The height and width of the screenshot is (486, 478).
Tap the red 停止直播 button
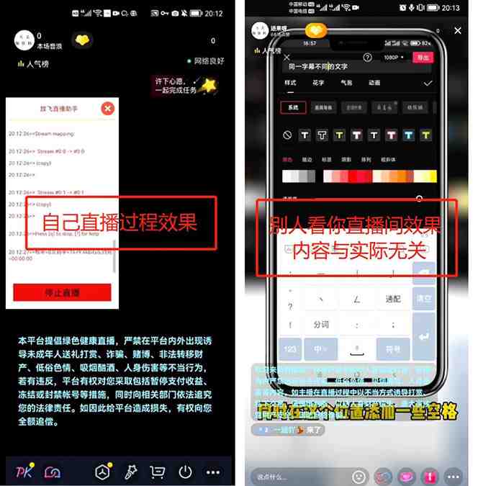(x=62, y=292)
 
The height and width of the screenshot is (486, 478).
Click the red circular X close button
(x=107, y=109)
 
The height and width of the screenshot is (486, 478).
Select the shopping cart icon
(x=157, y=472)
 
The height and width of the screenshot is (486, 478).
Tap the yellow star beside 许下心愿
(x=209, y=86)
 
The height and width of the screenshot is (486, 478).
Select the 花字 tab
(x=318, y=83)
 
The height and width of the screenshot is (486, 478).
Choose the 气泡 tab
(x=346, y=83)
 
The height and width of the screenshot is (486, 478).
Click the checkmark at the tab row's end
(x=428, y=84)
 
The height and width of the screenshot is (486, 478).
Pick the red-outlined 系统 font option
(x=292, y=107)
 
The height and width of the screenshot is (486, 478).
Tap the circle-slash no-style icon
(x=287, y=135)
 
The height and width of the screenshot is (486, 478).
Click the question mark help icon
(x=368, y=58)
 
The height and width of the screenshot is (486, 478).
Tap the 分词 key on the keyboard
(x=321, y=324)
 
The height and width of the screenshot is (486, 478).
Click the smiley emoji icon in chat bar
(x=358, y=476)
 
